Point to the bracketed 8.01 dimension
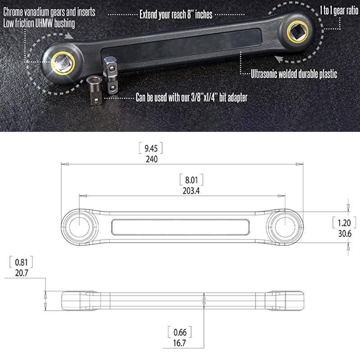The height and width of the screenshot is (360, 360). (191, 180)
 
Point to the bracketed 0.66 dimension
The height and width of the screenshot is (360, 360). (180, 333)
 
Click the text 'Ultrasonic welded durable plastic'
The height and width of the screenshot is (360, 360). (293, 75)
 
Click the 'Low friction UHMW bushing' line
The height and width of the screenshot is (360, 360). (40, 22)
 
